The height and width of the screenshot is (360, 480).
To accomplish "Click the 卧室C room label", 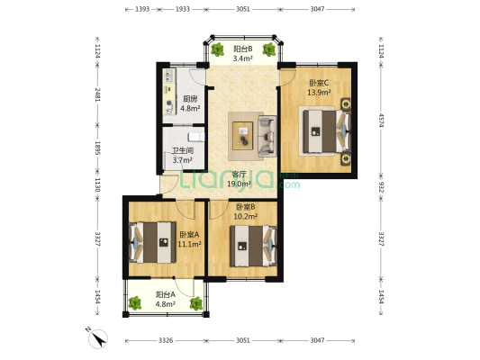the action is point(319,83).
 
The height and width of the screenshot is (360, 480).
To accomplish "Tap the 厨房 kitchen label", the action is point(190,99).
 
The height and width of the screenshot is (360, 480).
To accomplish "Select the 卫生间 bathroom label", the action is point(183,151).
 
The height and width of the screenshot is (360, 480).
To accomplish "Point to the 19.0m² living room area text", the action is point(239,184).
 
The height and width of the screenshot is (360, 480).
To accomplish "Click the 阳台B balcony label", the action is point(243,49).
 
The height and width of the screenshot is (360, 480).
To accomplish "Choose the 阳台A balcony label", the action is point(166,294).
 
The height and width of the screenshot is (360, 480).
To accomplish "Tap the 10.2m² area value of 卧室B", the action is point(246,217).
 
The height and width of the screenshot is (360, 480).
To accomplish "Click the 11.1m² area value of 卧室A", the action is point(189,244).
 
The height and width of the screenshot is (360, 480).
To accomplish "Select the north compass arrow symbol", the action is point(97,339).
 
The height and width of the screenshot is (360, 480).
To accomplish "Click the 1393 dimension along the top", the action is point(142,9).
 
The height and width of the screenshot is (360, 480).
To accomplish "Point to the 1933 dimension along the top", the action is point(183,9).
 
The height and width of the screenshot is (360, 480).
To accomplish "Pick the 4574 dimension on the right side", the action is point(381,120).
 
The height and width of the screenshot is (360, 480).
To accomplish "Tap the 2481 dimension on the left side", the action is point(97,94).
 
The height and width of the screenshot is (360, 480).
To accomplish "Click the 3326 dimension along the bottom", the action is point(166,340).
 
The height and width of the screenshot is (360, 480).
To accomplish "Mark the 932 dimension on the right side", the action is point(381,187).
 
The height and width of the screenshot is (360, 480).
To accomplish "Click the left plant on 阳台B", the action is point(218,49).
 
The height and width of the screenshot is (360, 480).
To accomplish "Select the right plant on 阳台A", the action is point(196,303).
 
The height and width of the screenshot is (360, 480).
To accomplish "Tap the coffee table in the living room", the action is point(243,136).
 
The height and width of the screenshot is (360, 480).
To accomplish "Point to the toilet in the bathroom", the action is point(196,137).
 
